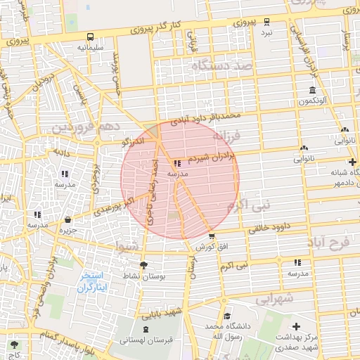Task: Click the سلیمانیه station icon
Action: (90, 37)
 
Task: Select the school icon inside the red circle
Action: (176, 163)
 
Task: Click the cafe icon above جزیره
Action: (67, 219)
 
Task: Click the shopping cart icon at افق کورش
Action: (211, 236)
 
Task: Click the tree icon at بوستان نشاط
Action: (143, 265)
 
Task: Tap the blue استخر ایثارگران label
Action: (91, 281)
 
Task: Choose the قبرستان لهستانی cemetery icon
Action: (146, 329)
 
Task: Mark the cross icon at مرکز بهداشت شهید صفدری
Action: (296, 327)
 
